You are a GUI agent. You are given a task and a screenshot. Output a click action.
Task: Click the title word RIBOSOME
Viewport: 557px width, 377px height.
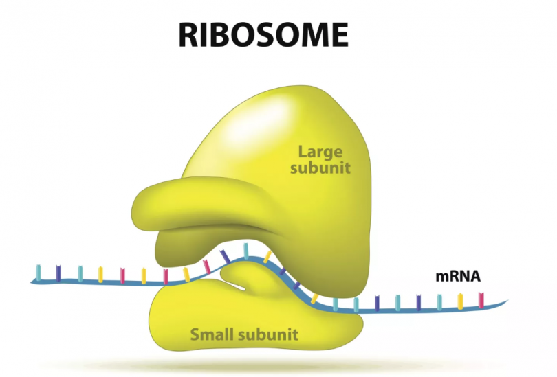coord(263,35)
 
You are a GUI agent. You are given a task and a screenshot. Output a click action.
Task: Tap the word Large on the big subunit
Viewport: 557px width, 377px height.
coord(320,152)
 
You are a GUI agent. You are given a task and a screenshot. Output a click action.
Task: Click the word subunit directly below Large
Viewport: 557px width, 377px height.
coord(320,168)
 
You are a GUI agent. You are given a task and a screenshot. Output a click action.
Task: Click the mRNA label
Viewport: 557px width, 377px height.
coord(458,276)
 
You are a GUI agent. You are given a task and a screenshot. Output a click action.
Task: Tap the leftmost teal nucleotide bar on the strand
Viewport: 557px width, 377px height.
coord(39,273)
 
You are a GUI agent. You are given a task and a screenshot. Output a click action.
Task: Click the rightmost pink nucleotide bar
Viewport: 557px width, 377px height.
coord(481,300)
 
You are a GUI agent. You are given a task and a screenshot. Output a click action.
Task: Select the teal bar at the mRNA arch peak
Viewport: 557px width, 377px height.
coord(245,251)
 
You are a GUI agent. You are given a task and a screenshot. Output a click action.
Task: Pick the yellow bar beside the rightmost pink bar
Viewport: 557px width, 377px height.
coord(460,301)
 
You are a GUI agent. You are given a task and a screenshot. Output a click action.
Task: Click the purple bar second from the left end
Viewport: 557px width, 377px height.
coord(58,273)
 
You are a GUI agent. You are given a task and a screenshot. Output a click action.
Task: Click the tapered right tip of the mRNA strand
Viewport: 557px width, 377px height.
coord(507,301)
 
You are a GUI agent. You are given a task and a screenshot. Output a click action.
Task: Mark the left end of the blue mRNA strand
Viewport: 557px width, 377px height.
coord(31,282)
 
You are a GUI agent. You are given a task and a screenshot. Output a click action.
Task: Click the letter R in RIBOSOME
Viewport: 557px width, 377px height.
coord(188,35)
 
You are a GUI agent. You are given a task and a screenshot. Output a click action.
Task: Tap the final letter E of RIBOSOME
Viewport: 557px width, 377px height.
coord(340,35)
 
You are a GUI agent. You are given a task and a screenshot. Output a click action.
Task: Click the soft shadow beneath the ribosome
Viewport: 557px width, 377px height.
coord(256,365)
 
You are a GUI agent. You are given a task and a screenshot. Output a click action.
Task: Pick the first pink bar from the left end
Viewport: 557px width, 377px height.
coord(122,275)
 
